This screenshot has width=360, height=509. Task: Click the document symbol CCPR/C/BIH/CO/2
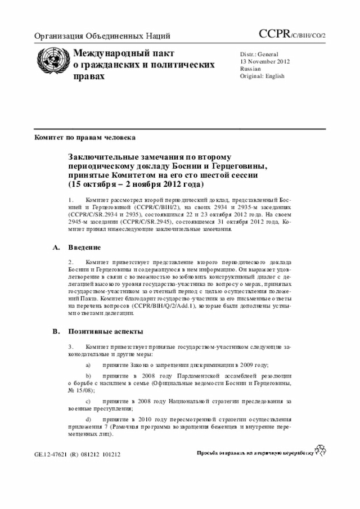coord(292,35)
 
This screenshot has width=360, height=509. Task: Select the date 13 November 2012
coord(265,61)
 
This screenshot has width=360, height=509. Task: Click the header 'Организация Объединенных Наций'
coord(102,37)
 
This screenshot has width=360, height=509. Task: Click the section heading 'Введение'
coord(84,247)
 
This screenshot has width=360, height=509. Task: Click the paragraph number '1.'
coord(71,200)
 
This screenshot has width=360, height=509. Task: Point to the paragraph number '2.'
coord(71,263)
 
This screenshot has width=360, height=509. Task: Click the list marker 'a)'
coord(88,364)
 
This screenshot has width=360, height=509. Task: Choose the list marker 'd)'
coord(88,420)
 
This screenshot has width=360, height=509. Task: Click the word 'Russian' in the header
coord(251,69)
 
